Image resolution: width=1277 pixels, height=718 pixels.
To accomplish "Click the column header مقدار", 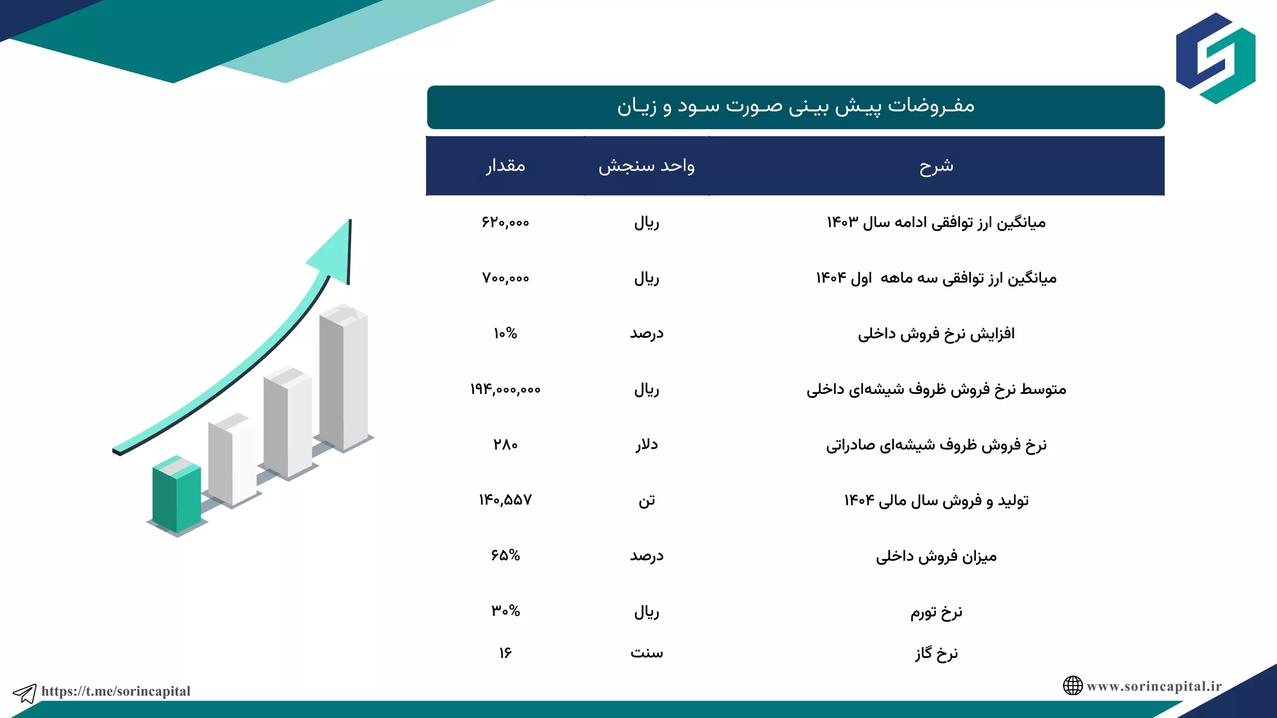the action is click(x=505, y=165).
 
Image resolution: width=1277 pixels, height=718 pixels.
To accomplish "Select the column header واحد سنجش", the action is click(x=646, y=166).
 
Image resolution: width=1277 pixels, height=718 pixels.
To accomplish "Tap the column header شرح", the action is click(x=936, y=166).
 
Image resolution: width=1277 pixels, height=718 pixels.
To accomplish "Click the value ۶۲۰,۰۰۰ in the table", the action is click(x=505, y=222).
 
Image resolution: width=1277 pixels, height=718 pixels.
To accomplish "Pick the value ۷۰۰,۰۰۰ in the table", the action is click(x=505, y=278).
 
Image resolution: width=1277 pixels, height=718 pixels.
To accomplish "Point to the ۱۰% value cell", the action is click(x=505, y=333).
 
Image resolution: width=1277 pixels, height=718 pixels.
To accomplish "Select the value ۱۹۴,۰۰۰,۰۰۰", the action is click(x=505, y=389).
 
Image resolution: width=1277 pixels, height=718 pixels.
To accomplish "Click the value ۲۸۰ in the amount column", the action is click(x=505, y=444).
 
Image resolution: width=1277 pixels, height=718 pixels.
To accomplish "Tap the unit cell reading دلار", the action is click(x=646, y=444).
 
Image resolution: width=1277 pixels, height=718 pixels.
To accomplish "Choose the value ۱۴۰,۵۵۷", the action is click(x=505, y=500).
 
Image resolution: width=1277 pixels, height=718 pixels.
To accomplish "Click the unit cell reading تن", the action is click(x=646, y=500).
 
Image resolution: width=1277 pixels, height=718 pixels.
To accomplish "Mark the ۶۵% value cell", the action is click(x=505, y=555).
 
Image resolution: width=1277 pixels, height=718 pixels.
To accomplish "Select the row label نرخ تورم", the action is click(x=936, y=612).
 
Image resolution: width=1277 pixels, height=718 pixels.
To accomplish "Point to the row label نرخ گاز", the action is click(x=936, y=653).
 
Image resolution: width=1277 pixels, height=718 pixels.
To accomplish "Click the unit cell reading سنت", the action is click(x=646, y=653).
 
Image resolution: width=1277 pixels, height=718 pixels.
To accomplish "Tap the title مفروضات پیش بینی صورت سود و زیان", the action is click(x=796, y=106).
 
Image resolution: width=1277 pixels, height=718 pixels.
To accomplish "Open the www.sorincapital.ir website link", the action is click(x=1154, y=687).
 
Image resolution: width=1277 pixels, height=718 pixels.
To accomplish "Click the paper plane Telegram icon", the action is click(x=25, y=693).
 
